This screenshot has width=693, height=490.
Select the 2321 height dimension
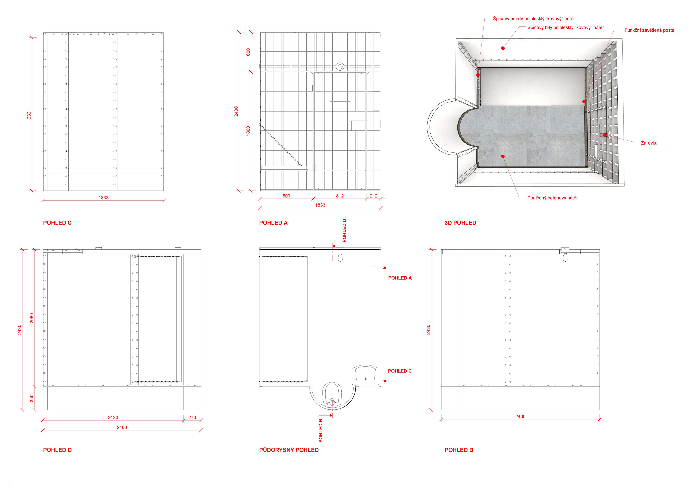click(29, 114)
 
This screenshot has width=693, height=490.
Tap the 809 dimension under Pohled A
click(286, 196)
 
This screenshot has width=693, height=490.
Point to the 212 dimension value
click(374, 196)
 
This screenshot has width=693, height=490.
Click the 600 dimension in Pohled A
click(248, 52)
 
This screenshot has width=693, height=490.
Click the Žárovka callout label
click(649, 143)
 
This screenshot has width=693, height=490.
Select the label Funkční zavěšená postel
click(650, 30)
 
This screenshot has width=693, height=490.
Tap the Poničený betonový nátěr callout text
click(552, 198)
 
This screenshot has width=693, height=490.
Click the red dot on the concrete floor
click(503, 156)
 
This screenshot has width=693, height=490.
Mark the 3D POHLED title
click(460, 223)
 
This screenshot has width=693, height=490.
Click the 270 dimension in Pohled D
click(192, 418)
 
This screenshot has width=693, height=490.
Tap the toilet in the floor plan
click(332, 395)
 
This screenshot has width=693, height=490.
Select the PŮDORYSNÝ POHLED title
click(289, 450)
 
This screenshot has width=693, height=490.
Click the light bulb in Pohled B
click(565, 258)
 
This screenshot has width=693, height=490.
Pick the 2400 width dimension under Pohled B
click(520, 417)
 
